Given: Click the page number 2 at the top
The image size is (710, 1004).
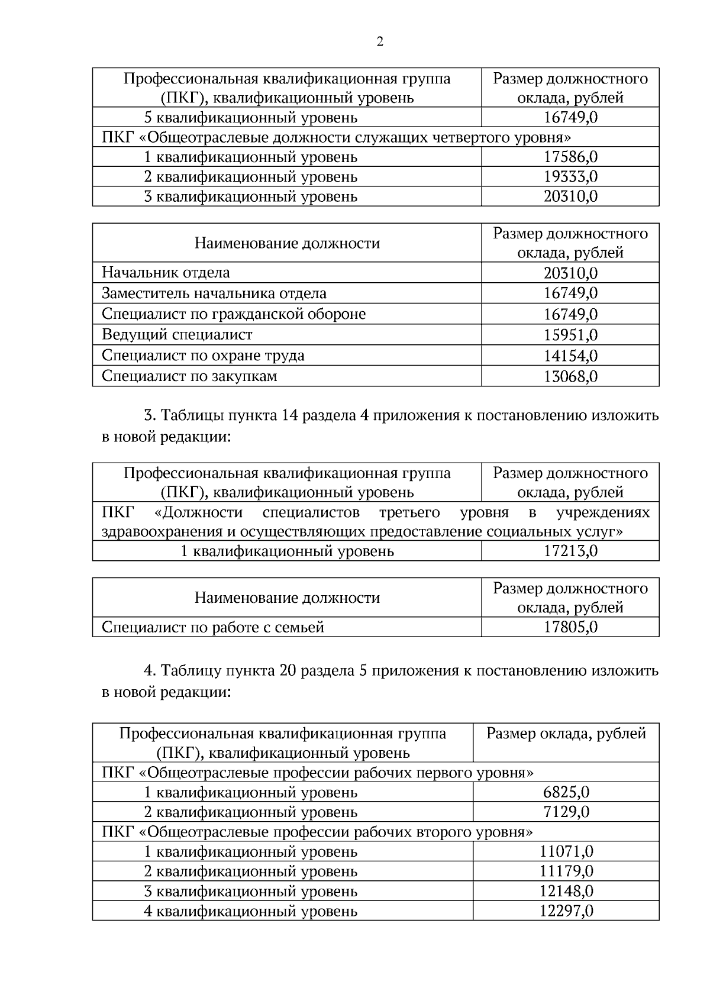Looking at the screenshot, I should (x=379, y=41).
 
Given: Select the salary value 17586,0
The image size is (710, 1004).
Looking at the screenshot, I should (x=570, y=157).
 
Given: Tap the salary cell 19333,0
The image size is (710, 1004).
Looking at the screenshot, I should (x=570, y=176).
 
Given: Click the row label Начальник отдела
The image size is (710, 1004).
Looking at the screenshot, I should (x=166, y=273).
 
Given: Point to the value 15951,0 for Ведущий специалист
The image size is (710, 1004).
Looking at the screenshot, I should (x=570, y=335).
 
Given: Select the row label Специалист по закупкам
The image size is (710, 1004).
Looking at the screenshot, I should (x=189, y=376).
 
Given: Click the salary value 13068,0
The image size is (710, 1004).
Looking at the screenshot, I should (x=570, y=376).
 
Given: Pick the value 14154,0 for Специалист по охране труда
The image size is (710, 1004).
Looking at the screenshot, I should (x=570, y=356).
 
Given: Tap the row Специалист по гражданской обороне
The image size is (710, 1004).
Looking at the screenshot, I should (x=234, y=314).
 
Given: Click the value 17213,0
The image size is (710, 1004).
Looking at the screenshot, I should (x=570, y=551).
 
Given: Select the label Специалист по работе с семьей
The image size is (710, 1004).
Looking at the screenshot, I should (x=213, y=627).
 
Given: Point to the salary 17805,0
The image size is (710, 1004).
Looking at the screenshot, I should (x=570, y=627).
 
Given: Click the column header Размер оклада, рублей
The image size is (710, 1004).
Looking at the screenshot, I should (x=566, y=734).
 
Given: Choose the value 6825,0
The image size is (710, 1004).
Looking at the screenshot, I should (x=566, y=792).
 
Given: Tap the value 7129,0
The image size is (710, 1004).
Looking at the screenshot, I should (x=566, y=812).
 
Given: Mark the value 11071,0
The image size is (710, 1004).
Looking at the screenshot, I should (x=566, y=852).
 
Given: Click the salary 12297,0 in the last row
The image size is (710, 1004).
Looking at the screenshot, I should (x=566, y=911).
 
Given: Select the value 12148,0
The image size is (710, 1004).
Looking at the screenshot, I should (x=566, y=891).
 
